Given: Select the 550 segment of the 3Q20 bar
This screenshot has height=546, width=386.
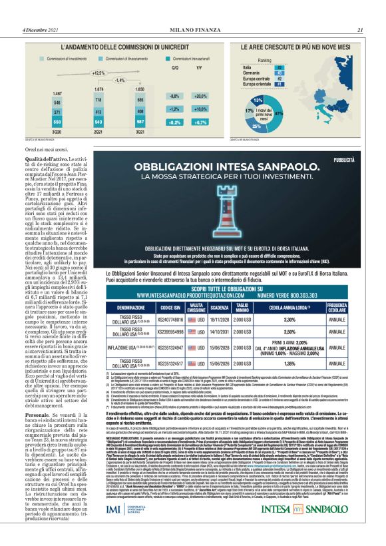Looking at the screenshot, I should click(x=37, y=124).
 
